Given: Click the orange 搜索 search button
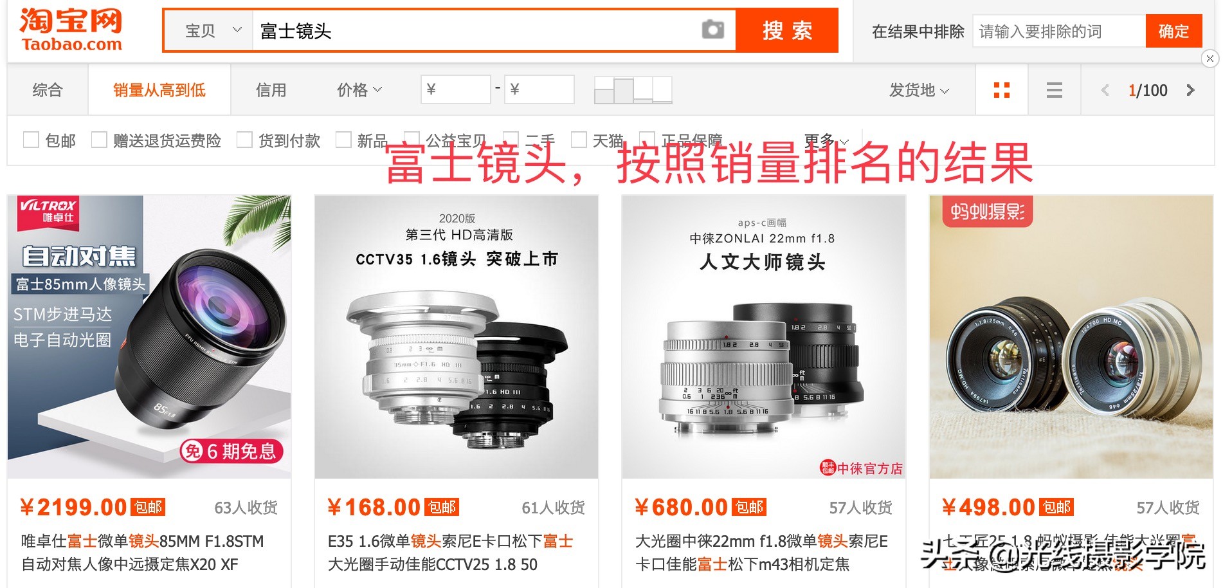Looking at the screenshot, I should click(x=787, y=30).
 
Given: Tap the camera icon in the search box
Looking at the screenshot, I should click(x=712, y=30).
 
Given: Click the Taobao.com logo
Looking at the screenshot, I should click(x=71, y=30).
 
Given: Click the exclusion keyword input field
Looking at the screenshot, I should click(x=1058, y=31).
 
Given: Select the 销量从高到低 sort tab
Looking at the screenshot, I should click(x=159, y=90).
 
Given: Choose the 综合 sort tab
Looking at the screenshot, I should click(x=48, y=90).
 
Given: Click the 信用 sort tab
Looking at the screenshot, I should click(x=271, y=90).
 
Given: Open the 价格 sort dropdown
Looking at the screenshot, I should click(x=359, y=90).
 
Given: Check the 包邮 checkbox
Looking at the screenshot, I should click(x=31, y=140).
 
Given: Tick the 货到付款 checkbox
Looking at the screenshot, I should click(x=244, y=140).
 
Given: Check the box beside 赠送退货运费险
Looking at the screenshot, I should click(x=99, y=140).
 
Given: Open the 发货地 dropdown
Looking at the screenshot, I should click(x=918, y=90).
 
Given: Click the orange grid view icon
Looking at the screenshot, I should click(x=1001, y=90).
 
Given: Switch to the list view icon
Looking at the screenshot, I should click(x=1054, y=90).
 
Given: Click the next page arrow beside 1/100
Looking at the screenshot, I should click(x=1190, y=90).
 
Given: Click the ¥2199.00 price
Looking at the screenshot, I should click(x=74, y=508).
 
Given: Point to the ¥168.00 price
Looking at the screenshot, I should click(x=374, y=508).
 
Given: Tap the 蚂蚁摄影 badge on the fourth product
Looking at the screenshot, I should click(x=987, y=211).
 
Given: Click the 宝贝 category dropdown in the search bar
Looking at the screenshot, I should click(x=212, y=30).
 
